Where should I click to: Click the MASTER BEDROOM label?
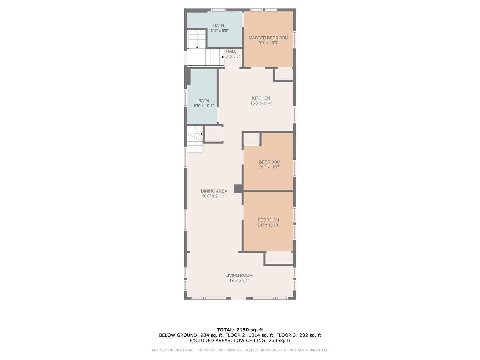(268, 38)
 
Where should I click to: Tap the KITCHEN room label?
(261, 98)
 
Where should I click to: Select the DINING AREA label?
(214, 191)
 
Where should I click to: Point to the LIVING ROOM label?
(239, 275)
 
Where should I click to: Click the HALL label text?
(231, 51)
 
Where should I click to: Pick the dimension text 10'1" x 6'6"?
(219, 31)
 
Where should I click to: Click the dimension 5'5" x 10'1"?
(204, 106)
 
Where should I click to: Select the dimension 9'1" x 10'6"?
(270, 167)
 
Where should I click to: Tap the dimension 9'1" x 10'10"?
(268, 225)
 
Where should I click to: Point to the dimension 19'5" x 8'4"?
(239, 280)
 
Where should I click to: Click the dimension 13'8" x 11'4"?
(261, 103)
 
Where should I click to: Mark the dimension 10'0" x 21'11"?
(214, 196)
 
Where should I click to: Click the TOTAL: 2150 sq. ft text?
(240, 330)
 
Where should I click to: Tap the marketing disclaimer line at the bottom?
(240, 350)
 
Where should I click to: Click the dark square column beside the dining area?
(238, 189)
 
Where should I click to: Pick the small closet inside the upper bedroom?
(252, 139)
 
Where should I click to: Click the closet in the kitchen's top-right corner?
(284, 75)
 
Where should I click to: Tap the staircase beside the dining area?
(195, 139)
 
